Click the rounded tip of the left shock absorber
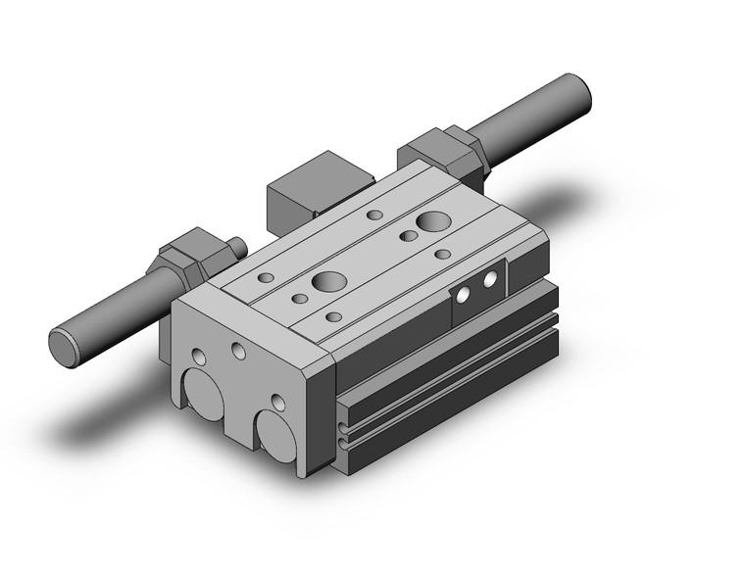click(x=65, y=347)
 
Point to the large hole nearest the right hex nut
click(x=429, y=222)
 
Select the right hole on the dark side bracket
click(x=489, y=282)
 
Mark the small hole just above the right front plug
click(x=278, y=402)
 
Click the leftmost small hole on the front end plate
click(x=200, y=357)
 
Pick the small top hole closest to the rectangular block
click(x=373, y=215)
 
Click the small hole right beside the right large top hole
click(x=404, y=236)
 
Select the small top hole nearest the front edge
click(x=333, y=316)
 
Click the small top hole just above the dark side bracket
click(x=443, y=254)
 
